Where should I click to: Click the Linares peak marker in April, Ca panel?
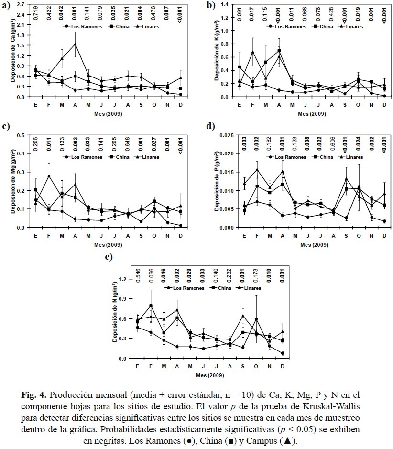pos(75,44)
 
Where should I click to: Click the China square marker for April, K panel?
pos(279,51)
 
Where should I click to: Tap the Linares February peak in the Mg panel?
pos(49,175)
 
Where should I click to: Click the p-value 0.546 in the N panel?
pos(138,273)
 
